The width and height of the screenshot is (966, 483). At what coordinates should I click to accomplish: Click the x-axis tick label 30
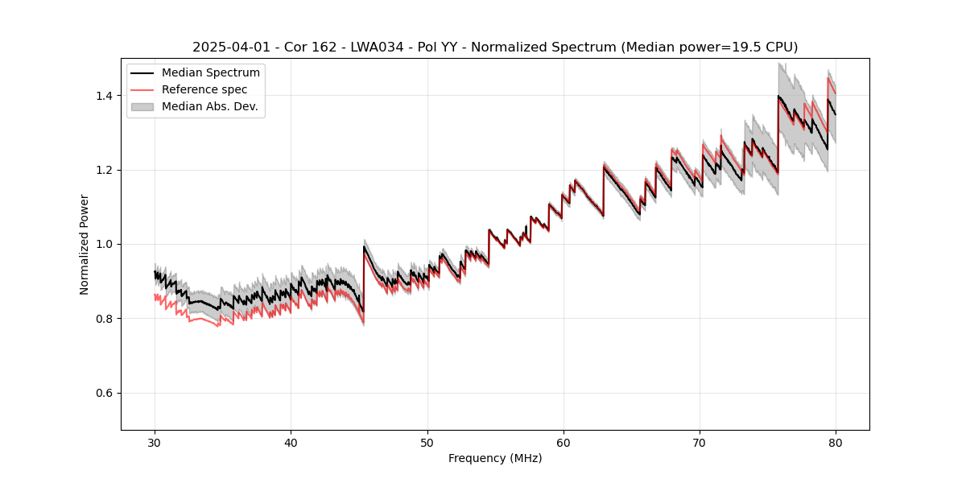pos(155,442)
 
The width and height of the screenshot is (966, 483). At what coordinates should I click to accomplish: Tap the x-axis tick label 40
pos(291,442)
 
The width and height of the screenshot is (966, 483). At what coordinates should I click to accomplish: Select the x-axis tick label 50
pos(427,442)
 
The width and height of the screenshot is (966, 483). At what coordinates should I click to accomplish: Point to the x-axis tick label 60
pos(563,442)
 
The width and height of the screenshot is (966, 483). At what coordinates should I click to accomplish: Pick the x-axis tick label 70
pos(700,442)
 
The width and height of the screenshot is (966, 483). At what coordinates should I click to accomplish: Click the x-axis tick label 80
pos(836,442)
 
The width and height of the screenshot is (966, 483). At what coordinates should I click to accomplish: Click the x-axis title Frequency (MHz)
pos(495,458)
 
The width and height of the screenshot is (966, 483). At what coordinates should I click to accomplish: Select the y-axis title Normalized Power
pos(85,244)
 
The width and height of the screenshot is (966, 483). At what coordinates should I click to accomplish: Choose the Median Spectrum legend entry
pos(210,73)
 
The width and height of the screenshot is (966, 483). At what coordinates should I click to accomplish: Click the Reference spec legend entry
pos(204,89)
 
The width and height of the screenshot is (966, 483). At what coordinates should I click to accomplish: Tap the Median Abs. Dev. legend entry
pos(209,106)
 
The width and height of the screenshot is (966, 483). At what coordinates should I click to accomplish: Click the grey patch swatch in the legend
pos(142,106)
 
